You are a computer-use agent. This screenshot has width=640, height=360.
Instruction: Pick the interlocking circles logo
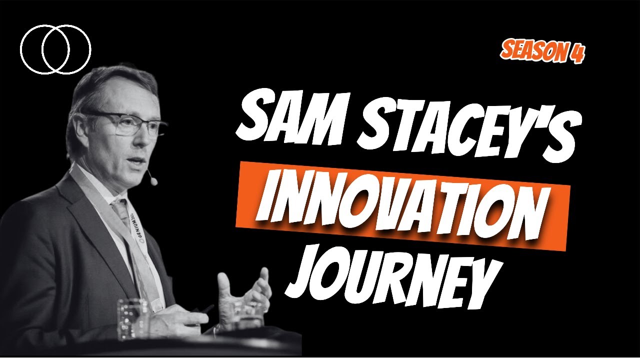pos(55,49)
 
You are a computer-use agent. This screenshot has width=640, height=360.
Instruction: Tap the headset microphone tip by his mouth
pos(153,181)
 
